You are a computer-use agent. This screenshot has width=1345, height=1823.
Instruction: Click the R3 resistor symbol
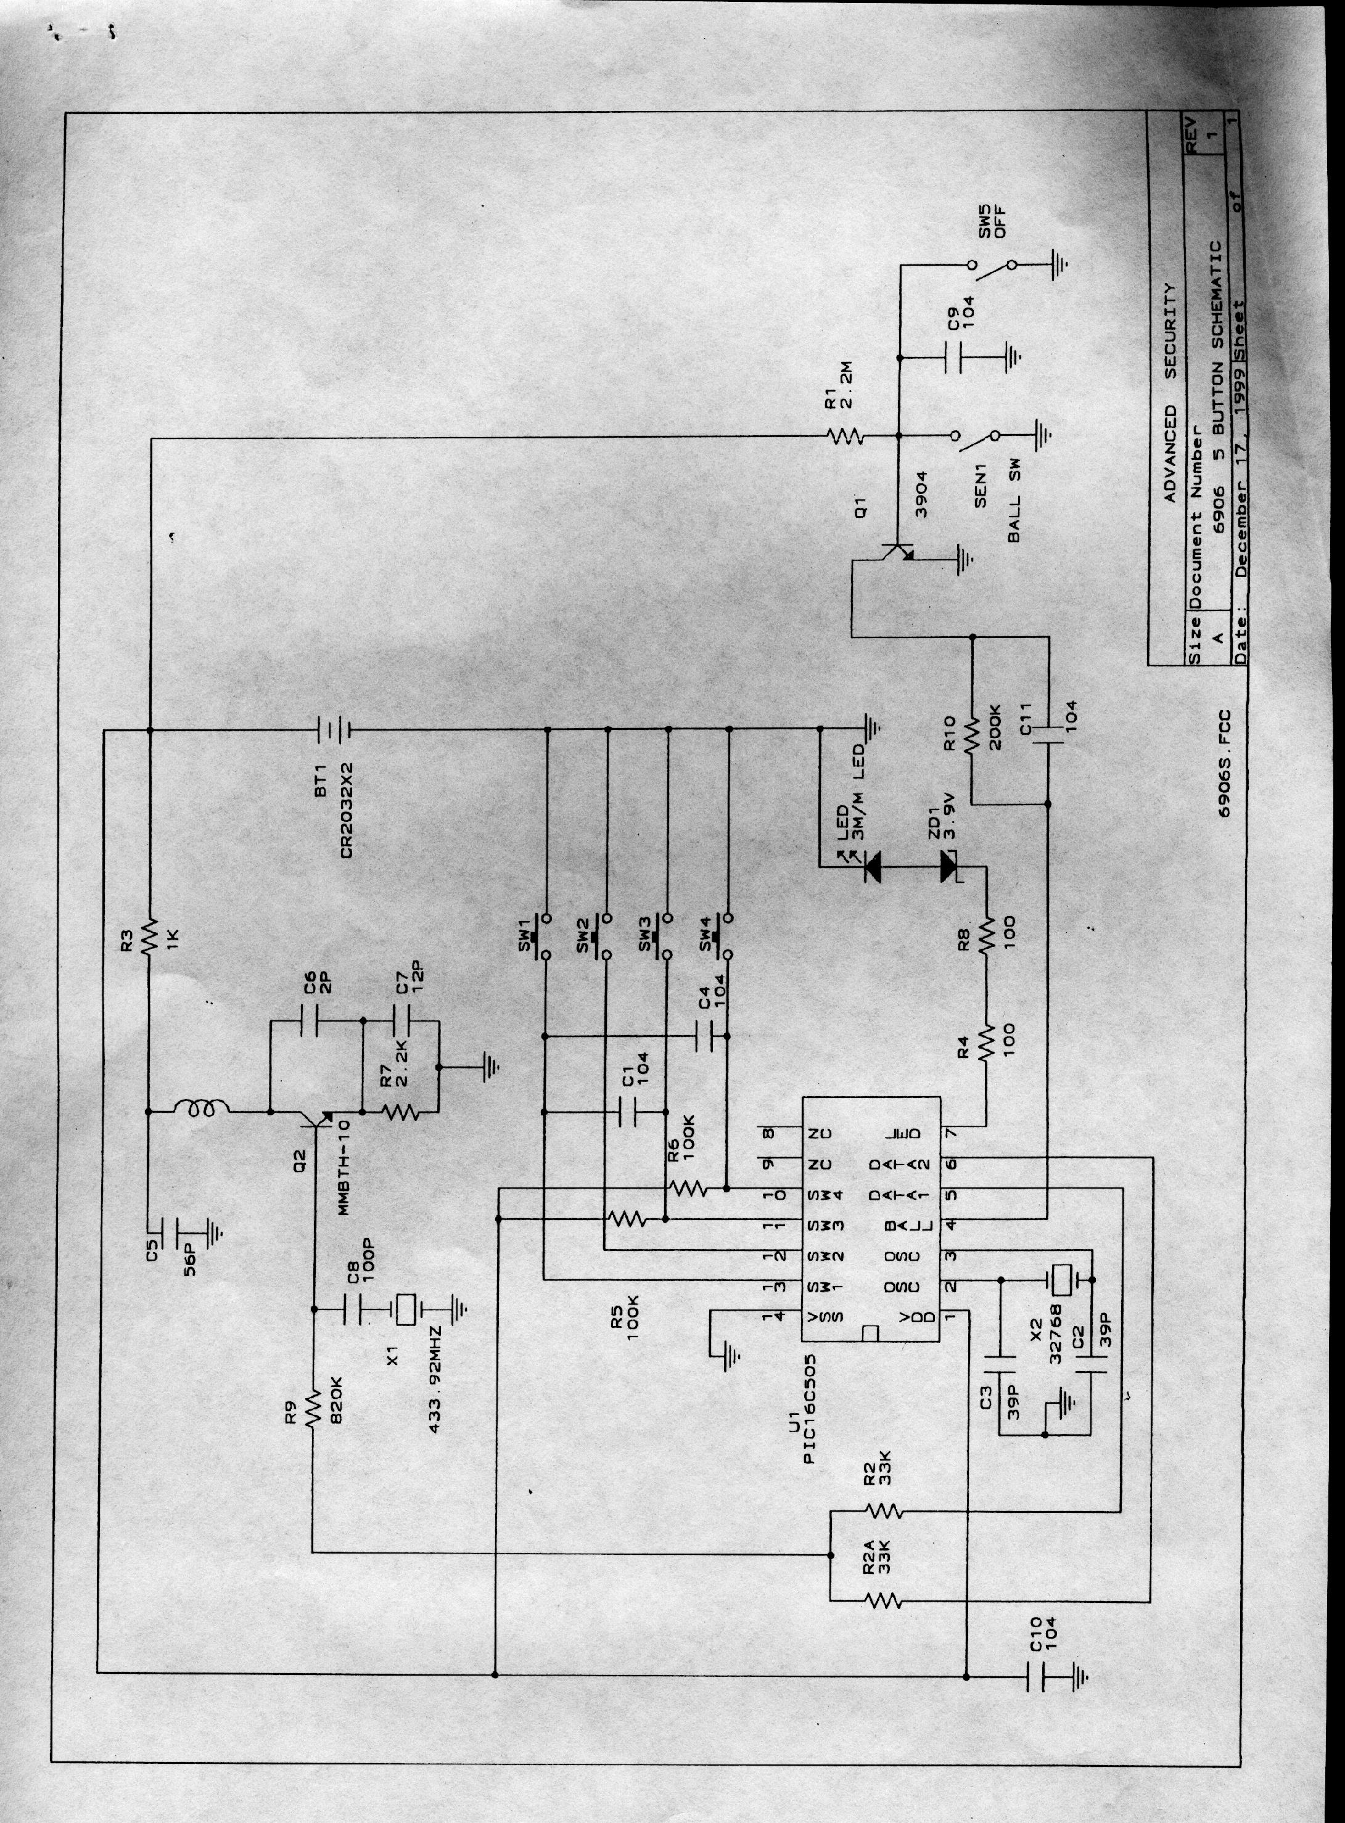pos(149,938)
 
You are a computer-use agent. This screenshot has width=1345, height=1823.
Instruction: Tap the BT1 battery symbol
pos(333,731)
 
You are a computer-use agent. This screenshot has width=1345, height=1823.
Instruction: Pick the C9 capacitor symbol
pos(954,358)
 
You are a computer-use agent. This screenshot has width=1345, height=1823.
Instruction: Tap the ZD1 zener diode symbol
pos(949,867)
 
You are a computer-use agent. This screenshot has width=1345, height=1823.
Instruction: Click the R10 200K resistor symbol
pos(971,738)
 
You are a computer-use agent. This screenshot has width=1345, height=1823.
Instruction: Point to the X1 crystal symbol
pos(405,1309)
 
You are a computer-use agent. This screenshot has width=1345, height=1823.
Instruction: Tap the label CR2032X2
pos(348,811)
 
